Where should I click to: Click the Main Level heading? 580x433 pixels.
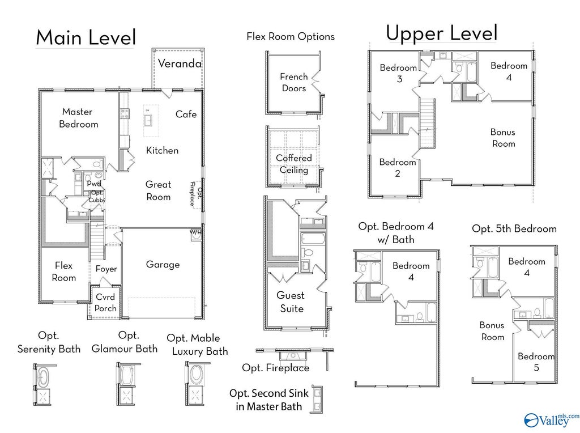pos(86,37)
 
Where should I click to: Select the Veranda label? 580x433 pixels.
pos(180,63)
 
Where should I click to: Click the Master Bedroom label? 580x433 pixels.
pos(78,118)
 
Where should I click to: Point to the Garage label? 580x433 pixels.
pos(163,264)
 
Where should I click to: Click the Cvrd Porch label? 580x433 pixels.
pos(105,302)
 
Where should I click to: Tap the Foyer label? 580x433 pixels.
pos(106,269)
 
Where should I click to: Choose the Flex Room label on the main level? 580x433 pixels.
pos(63,271)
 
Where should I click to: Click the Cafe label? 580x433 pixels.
pos(186,114)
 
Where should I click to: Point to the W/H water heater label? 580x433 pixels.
pos(195,232)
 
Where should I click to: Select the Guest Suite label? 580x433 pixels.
pos(291,302)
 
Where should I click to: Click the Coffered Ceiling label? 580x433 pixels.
pos(294,164)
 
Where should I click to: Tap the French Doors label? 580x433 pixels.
pos(294,82)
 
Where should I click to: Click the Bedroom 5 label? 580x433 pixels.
pos(536,362)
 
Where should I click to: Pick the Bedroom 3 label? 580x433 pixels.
pos(398,73)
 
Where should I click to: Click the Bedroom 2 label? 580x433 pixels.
pos(398,167)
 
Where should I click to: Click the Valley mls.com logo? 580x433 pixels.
pos(552,419)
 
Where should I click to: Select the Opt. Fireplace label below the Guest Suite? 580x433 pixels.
pos(276,367)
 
